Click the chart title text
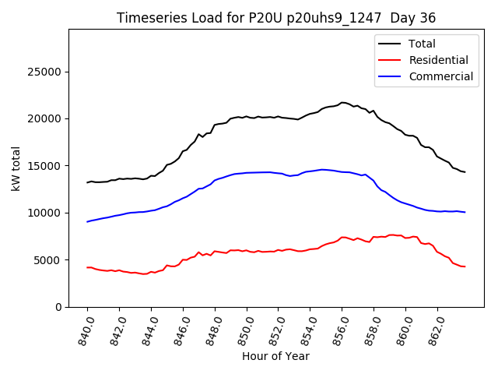[x=276, y=18]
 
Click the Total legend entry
[x=422, y=44]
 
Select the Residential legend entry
[x=439, y=60]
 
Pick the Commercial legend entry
[x=440, y=76]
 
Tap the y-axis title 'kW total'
[x=16, y=168]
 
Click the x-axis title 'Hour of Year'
[x=275, y=356]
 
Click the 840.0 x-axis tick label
[x=82, y=327]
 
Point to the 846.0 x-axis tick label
[x=178, y=327]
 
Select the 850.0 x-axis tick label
[x=242, y=327]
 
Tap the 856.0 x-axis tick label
[x=338, y=327]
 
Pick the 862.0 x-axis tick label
[x=433, y=327]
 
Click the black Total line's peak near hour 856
[x=342, y=102]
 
